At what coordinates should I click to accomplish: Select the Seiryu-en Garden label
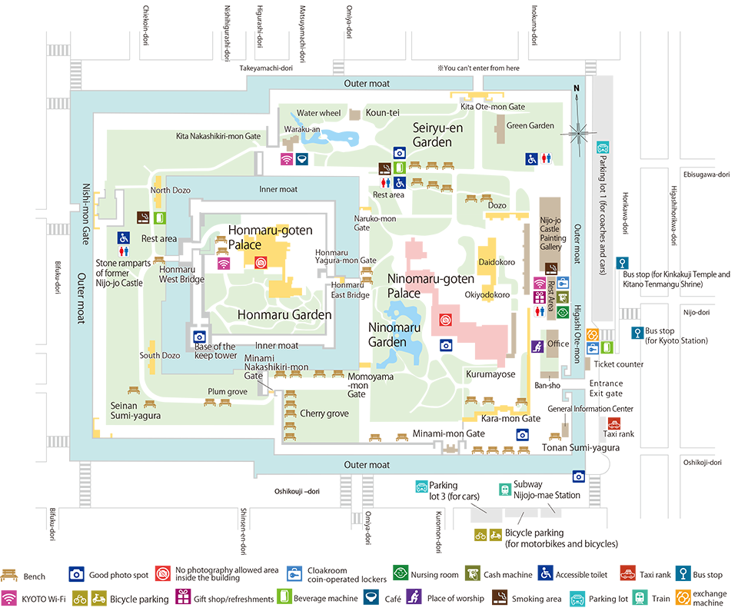point(438,135)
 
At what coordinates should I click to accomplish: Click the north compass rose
point(578,131)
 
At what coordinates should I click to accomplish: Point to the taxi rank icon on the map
point(614,423)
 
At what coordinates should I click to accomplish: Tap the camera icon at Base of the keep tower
point(199,337)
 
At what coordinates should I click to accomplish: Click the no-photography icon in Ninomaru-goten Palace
point(444,319)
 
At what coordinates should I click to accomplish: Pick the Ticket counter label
point(618,364)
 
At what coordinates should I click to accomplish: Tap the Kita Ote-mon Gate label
point(492,107)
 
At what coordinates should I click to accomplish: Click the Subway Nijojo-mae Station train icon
point(505,489)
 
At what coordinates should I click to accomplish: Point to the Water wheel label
point(319,113)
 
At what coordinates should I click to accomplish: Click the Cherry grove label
point(324,413)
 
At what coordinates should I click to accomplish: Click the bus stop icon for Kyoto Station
point(637,333)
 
